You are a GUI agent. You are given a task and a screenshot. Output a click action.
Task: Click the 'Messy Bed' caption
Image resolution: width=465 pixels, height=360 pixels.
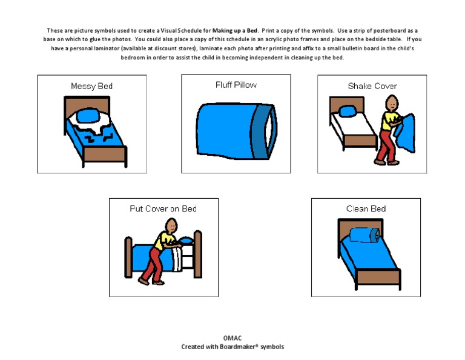pyautogui.click(x=91, y=86)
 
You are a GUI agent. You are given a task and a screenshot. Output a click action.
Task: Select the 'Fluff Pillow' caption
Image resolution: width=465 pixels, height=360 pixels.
pyautogui.click(x=236, y=85)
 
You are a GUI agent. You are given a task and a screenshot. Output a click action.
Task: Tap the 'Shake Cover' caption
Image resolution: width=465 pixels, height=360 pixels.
pyautogui.click(x=372, y=86)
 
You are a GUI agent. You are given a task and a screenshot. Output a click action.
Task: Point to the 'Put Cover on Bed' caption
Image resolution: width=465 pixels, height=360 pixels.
pyautogui.click(x=163, y=208)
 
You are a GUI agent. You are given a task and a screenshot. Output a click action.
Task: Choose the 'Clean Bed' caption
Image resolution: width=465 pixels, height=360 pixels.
pyautogui.click(x=366, y=208)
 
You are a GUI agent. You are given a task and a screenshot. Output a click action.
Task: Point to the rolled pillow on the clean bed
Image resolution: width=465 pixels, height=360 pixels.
pyautogui.click(x=364, y=235)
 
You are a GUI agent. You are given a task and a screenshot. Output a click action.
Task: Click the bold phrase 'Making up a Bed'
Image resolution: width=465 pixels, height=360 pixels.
pyautogui.click(x=234, y=30)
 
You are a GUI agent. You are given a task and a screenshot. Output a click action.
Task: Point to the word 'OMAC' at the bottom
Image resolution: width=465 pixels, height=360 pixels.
pyautogui.click(x=232, y=338)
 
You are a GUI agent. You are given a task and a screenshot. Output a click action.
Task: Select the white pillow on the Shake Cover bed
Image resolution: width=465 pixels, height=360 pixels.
pyautogui.click(x=347, y=111)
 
